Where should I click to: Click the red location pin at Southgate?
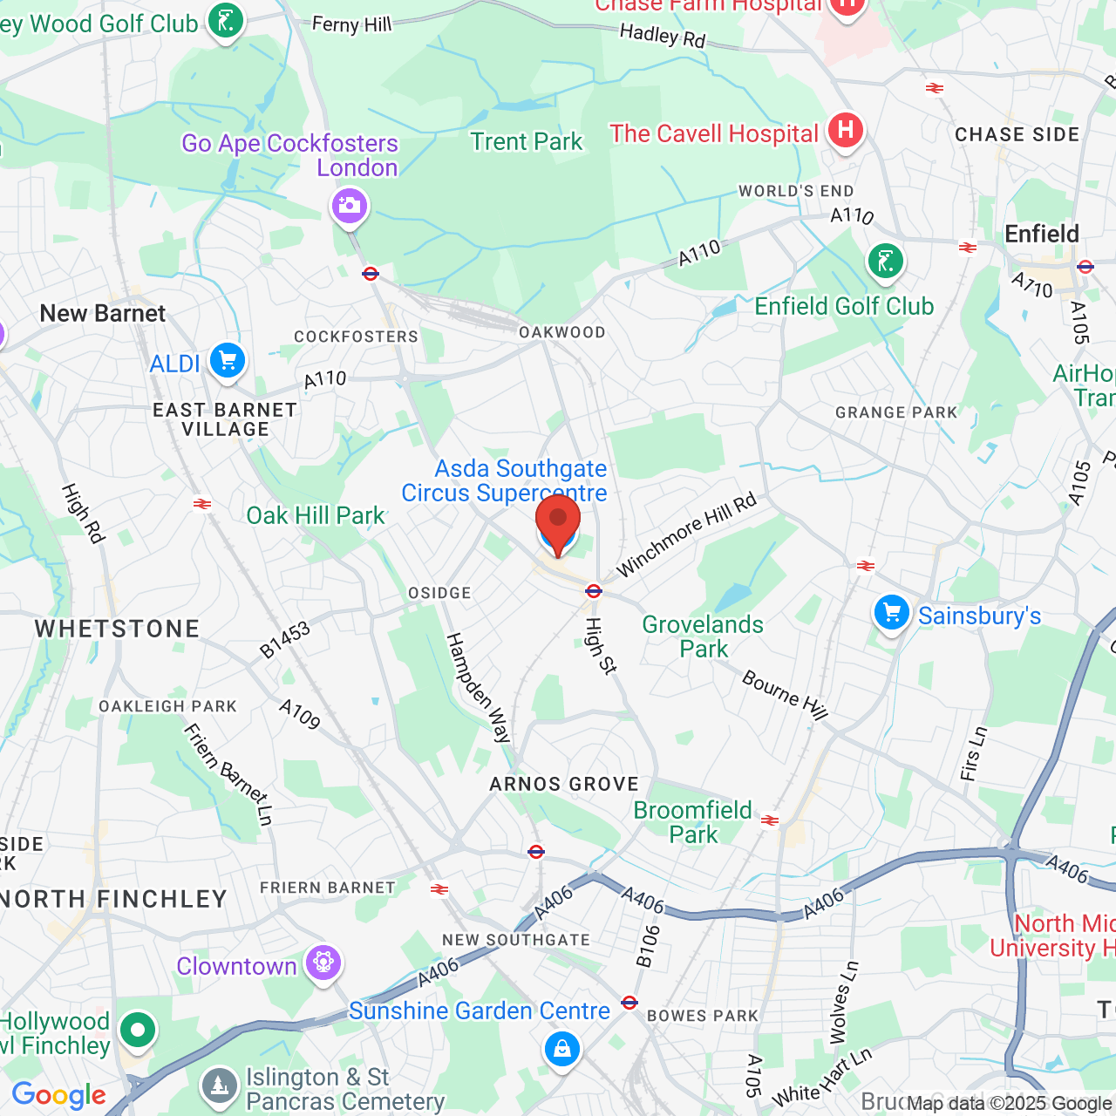558,521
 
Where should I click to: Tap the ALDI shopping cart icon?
228,359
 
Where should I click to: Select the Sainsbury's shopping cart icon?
891,613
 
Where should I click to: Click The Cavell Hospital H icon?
845,131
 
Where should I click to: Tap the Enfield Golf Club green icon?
886,260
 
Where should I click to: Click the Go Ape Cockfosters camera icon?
350,207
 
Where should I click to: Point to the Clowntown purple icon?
323,963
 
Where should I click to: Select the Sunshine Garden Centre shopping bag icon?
562,1048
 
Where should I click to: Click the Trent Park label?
526,142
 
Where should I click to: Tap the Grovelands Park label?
703,636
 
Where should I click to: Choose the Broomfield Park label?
693,822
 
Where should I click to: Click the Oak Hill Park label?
315,516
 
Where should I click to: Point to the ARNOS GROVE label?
564,784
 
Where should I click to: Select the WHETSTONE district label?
117,629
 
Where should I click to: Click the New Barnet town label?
103,314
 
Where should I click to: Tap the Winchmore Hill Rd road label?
686,535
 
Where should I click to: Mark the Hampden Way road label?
478,687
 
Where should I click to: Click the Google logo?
59,1095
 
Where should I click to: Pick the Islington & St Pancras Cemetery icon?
219,1085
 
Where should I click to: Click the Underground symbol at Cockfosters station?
371,274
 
